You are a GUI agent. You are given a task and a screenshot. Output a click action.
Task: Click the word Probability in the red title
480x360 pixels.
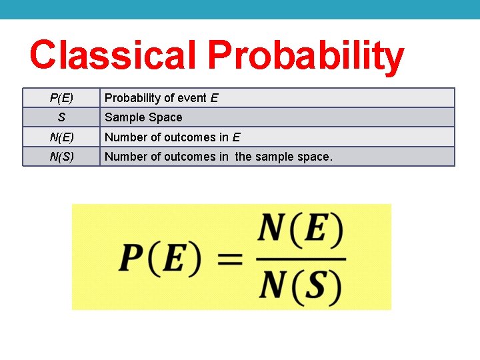(305, 56)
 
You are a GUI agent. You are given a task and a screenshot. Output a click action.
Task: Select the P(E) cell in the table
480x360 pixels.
(61, 98)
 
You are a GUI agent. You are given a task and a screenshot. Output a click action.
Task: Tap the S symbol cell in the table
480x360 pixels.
(61, 117)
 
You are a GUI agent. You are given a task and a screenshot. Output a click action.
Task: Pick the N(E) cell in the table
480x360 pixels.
(61, 137)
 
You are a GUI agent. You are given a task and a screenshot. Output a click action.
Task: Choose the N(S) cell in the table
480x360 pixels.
(61, 157)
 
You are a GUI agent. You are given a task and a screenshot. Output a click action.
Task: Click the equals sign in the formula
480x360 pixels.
(231, 259)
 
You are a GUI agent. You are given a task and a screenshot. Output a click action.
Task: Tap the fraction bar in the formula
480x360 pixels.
(301, 258)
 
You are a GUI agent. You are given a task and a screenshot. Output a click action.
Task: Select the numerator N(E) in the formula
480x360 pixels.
(301, 231)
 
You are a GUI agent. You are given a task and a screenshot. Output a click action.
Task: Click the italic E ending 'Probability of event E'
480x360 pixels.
(214, 98)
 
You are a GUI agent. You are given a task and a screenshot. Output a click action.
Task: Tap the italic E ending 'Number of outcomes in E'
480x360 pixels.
(236, 137)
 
